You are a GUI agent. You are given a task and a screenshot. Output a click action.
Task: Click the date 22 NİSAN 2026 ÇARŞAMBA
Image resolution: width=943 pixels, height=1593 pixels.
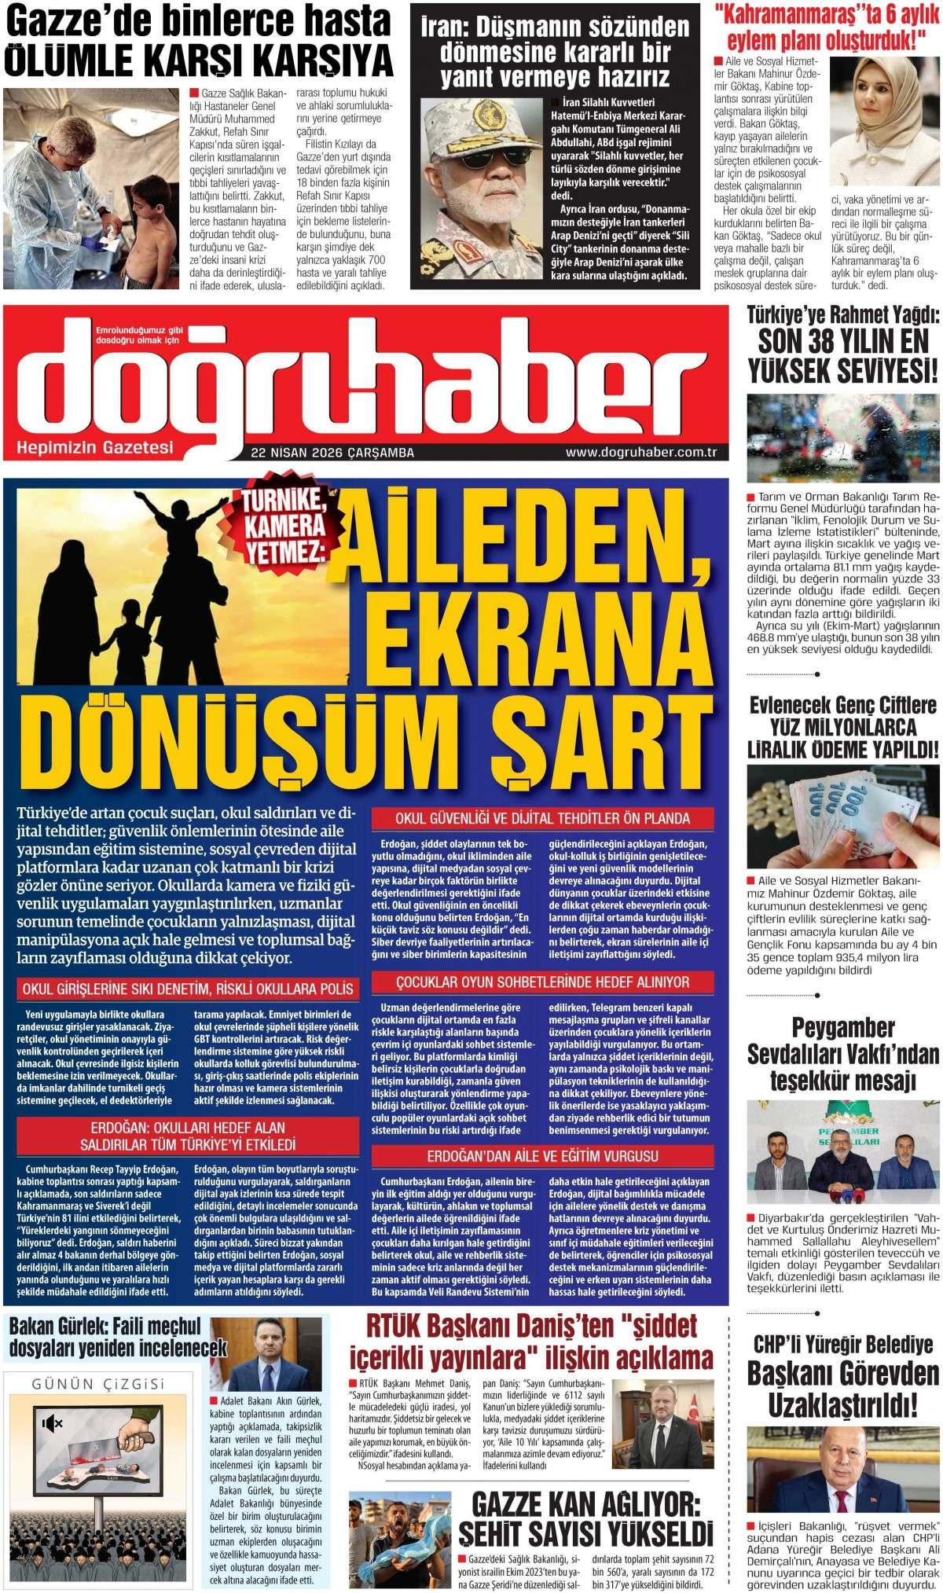click(x=333, y=453)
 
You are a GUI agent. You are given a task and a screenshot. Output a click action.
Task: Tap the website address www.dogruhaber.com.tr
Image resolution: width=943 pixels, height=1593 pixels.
click(x=643, y=453)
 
